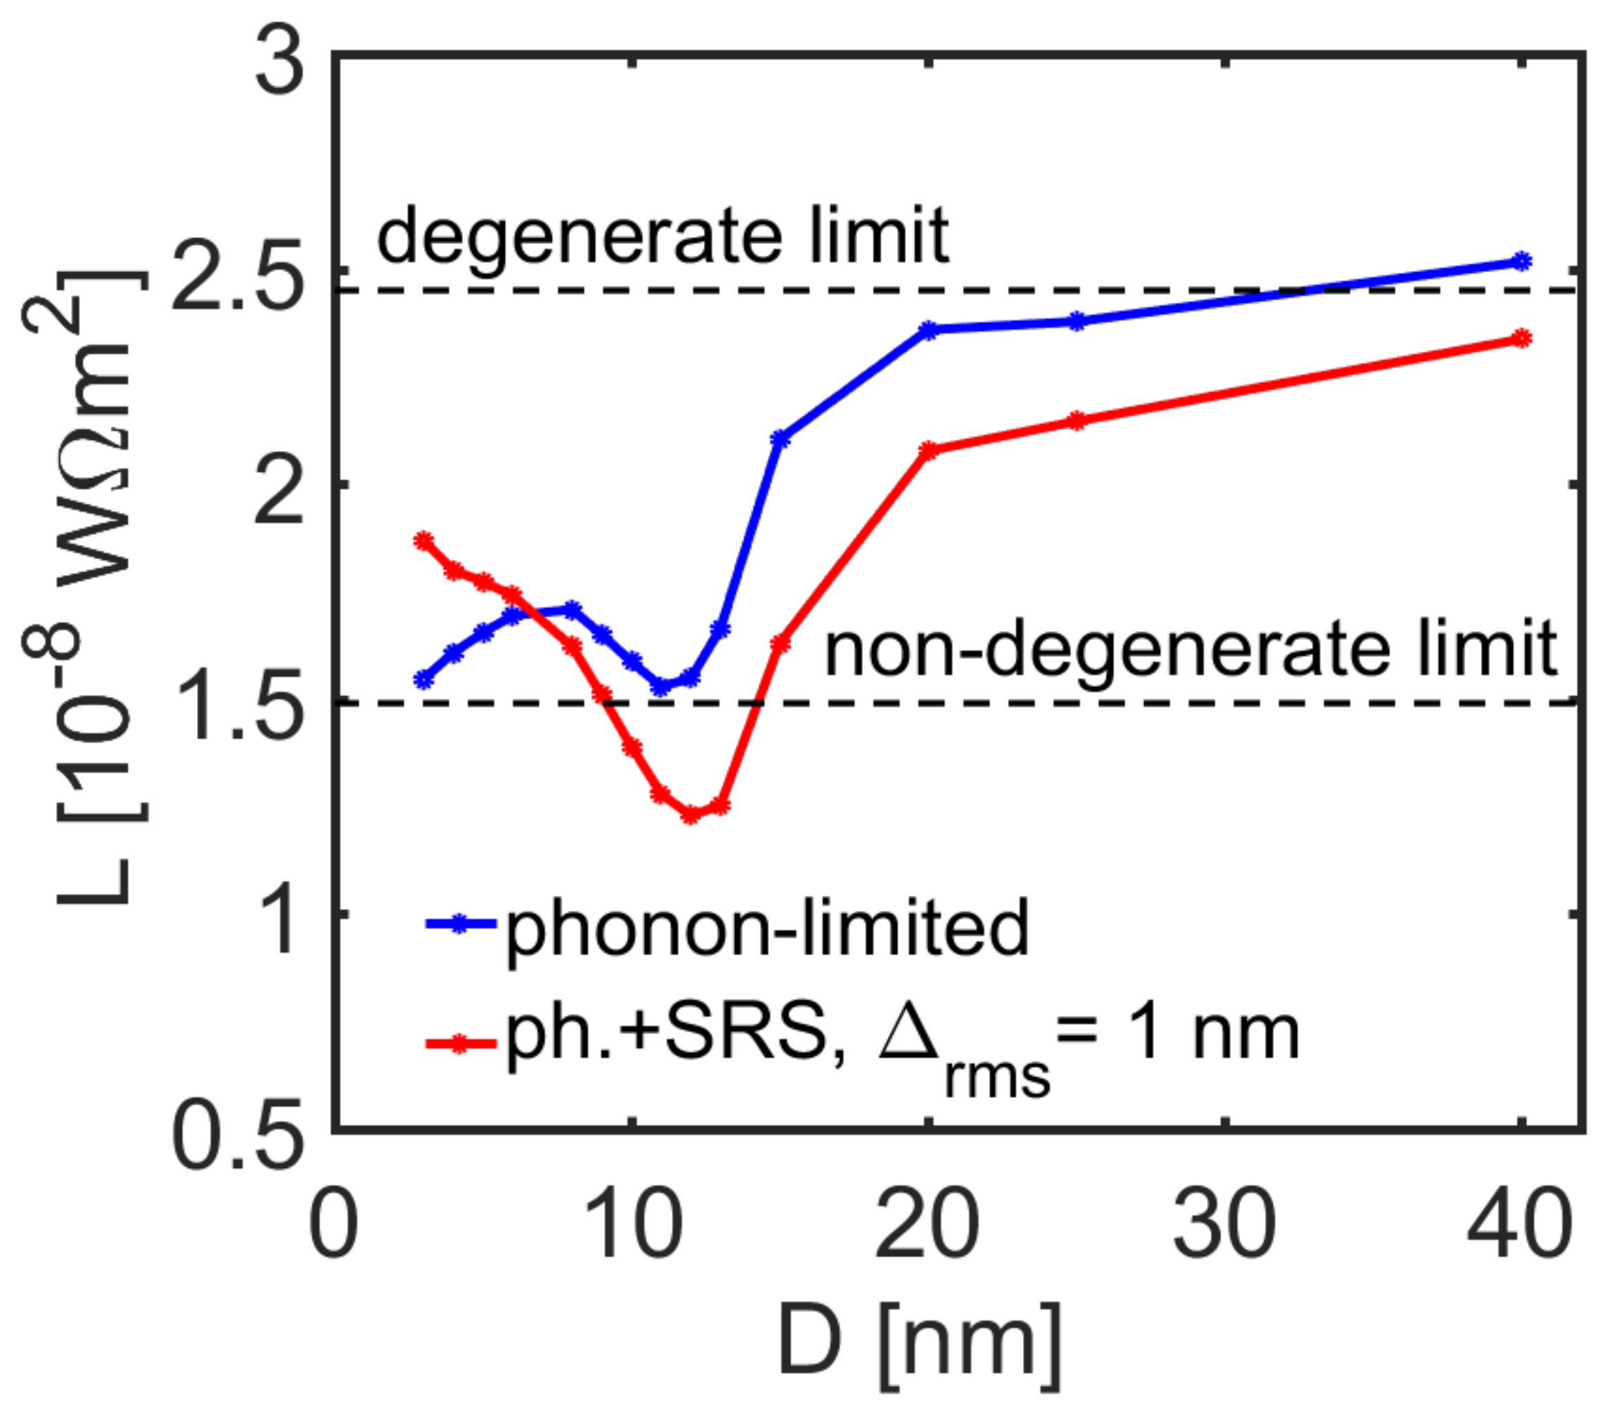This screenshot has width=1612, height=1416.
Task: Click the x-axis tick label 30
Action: (1223, 1225)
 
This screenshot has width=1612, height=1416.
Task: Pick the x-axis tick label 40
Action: (1519, 1225)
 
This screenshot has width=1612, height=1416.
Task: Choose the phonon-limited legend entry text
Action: (767, 927)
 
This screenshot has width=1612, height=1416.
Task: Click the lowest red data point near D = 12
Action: (691, 815)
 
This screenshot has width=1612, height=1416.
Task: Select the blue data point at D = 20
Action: (929, 330)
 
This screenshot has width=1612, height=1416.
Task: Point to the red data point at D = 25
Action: (1077, 420)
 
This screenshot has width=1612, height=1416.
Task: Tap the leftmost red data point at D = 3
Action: (424, 541)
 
